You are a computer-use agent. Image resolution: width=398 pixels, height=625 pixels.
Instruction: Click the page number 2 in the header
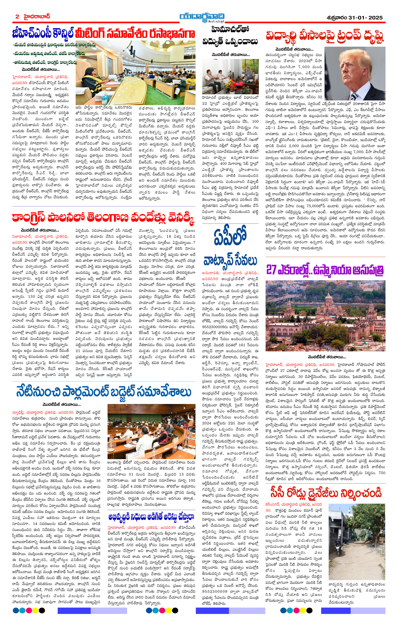tap(17, 17)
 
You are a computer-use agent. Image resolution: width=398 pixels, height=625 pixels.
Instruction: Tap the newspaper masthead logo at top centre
tap(202, 17)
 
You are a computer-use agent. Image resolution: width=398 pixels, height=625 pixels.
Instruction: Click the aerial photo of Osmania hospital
tap(325, 315)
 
